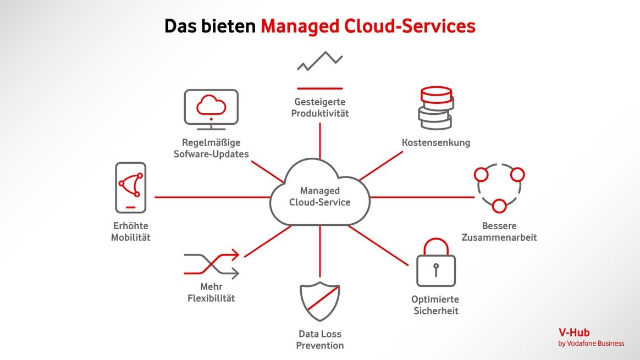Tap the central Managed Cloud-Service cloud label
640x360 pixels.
click(x=319, y=197)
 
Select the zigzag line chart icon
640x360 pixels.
click(x=319, y=61)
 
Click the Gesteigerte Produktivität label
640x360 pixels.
click(x=320, y=108)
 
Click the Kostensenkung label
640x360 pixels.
click(x=436, y=143)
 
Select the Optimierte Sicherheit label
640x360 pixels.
click(x=435, y=305)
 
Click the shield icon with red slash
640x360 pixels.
click(x=319, y=302)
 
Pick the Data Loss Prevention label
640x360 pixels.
click(x=320, y=340)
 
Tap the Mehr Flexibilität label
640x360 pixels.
click(x=211, y=292)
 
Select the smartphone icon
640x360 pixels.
click(x=131, y=187)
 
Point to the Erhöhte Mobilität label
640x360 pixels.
click(x=131, y=231)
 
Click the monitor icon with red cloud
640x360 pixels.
click(x=211, y=107)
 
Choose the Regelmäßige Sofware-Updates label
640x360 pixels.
click(x=211, y=148)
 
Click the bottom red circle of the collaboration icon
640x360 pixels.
click(x=499, y=206)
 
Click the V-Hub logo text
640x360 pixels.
click(x=574, y=333)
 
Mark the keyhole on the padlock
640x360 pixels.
click(x=436, y=269)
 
